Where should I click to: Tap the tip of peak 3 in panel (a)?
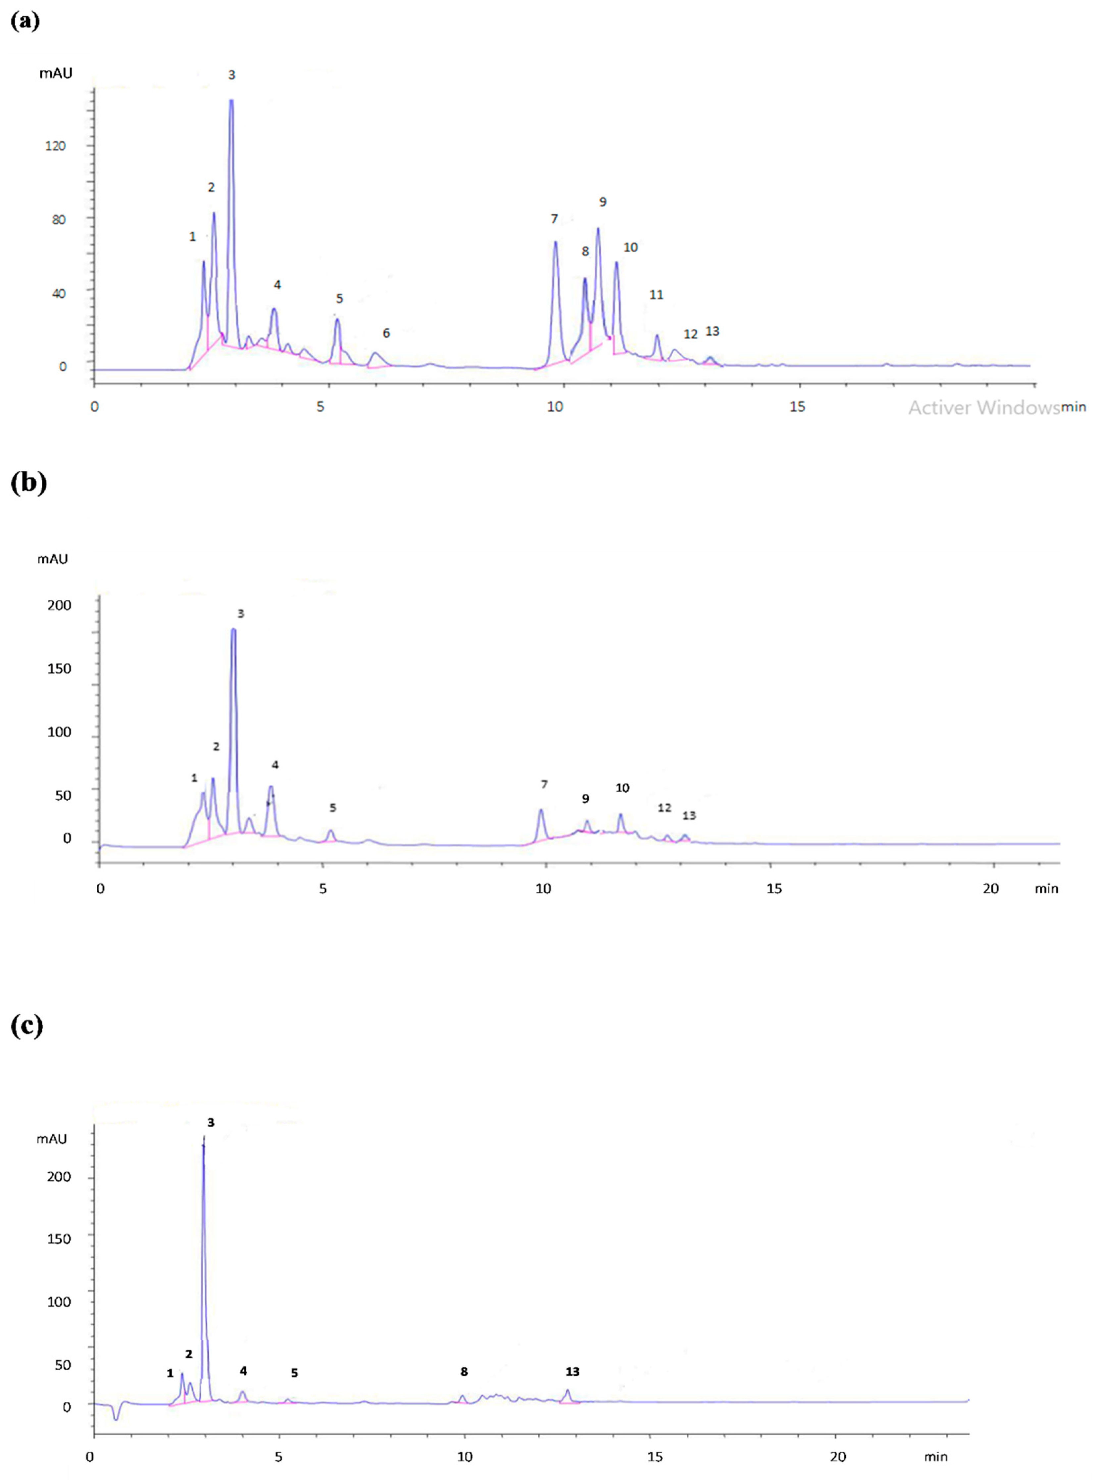pos(231,101)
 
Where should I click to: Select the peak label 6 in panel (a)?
pos(386,333)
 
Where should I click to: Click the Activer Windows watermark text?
pos(983,408)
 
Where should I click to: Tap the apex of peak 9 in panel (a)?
pos(598,229)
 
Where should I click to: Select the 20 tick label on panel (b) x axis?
pos(991,888)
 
